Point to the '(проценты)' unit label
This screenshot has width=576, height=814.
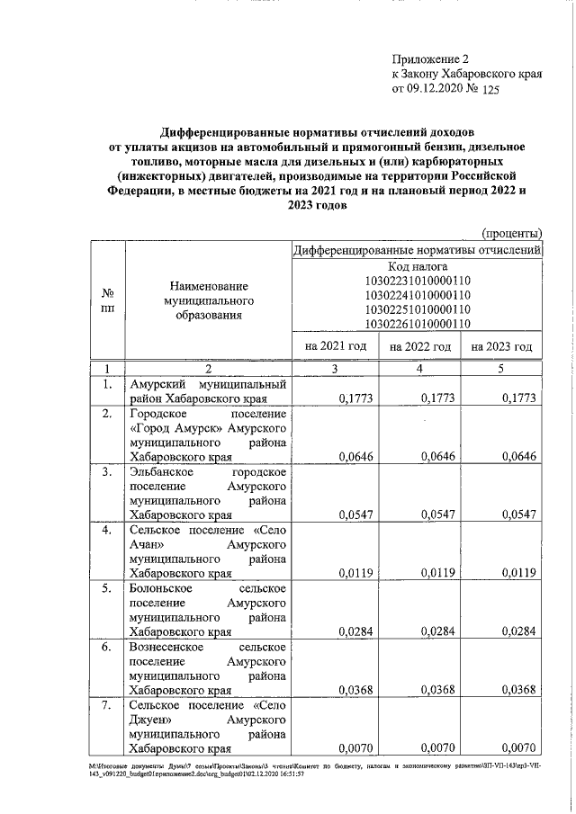tap(512, 233)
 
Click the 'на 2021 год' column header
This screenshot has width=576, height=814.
tap(336, 346)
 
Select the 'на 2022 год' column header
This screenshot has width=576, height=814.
tap(418, 346)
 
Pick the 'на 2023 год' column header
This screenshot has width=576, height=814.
tap(500, 346)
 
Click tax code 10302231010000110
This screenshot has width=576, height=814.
tap(418, 281)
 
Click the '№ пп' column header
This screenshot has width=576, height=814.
tap(106, 300)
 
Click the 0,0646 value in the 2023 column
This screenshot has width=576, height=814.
tap(518, 456)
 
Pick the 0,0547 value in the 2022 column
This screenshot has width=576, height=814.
tap(437, 514)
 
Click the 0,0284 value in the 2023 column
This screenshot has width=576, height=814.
tap(518, 631)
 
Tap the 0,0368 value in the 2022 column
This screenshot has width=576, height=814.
tap(437, 690)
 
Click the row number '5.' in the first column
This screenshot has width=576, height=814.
tap(106, 589)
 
